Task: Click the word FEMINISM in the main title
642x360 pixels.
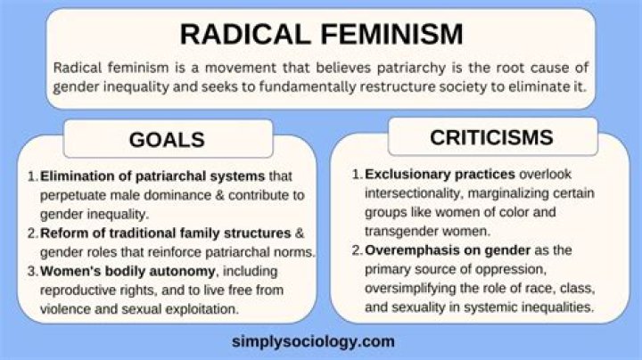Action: (x=389, y=34)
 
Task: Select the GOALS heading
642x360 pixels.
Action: (x=167, y=139)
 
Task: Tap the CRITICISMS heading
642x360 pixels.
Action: (x=490, y=137)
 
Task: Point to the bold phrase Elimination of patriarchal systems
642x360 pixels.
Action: (x=135, y=176)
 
